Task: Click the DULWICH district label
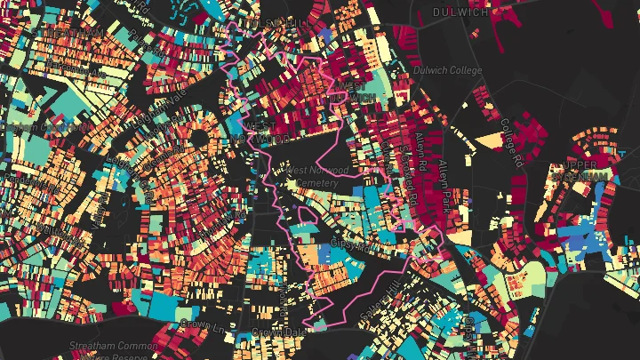click(460, 12)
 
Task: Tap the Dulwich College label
click(447, 71)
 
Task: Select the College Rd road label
click(508, 142)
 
